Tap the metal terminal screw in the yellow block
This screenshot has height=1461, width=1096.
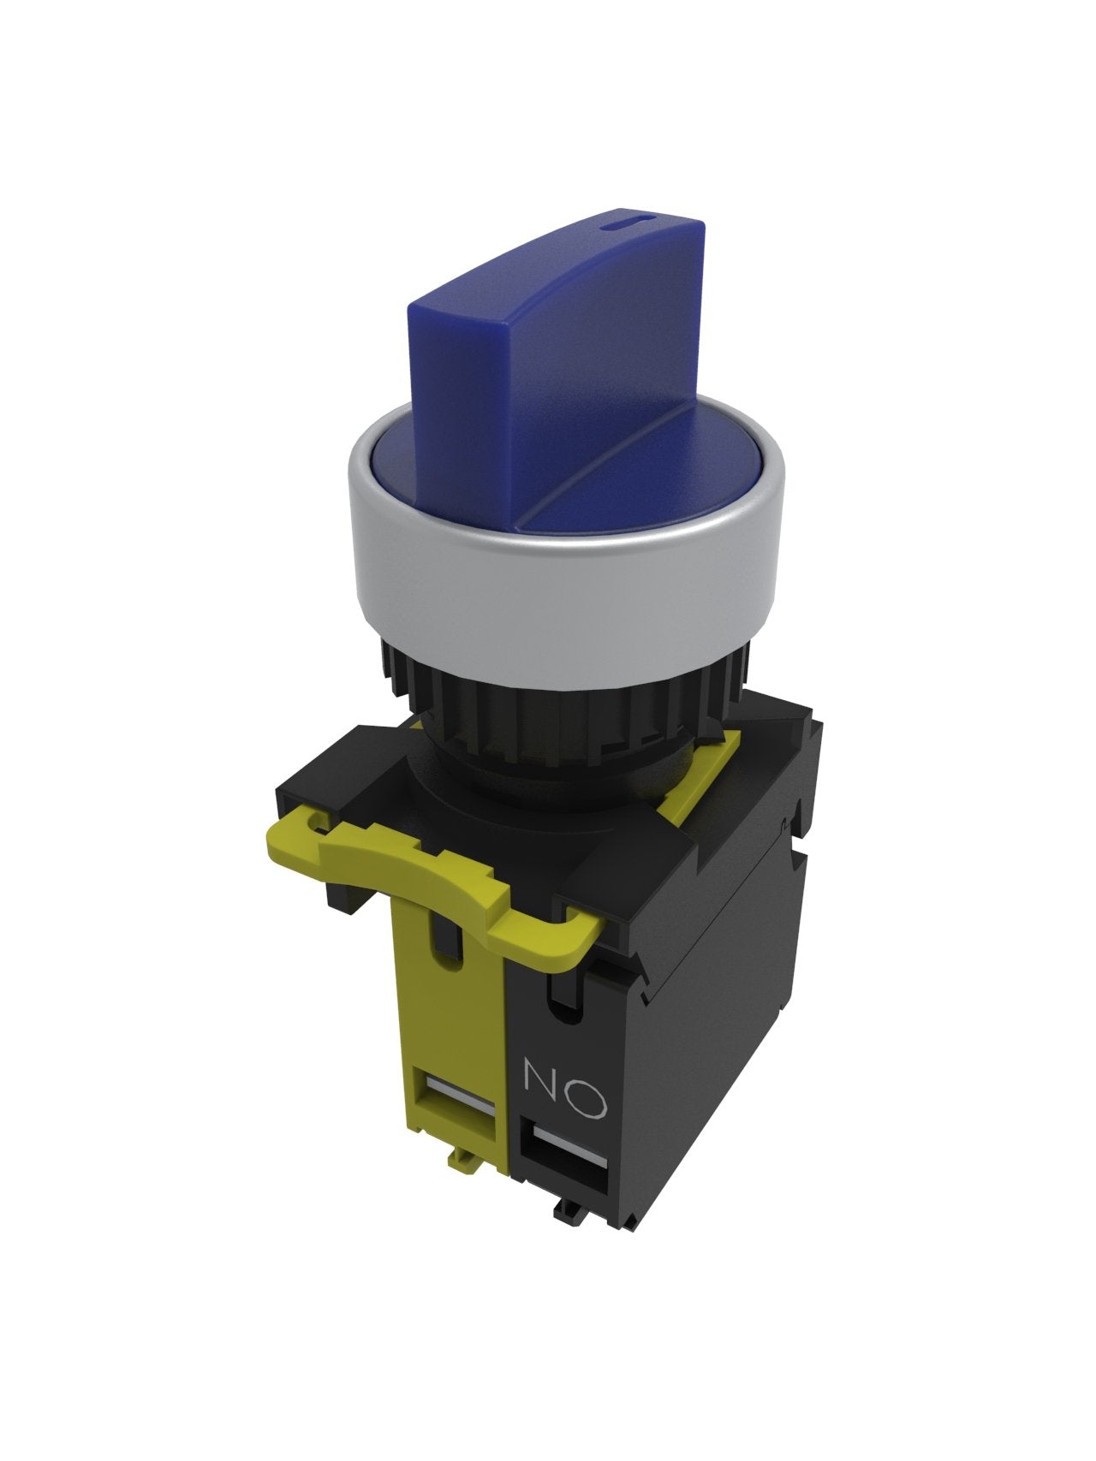tap(460, 1091)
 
